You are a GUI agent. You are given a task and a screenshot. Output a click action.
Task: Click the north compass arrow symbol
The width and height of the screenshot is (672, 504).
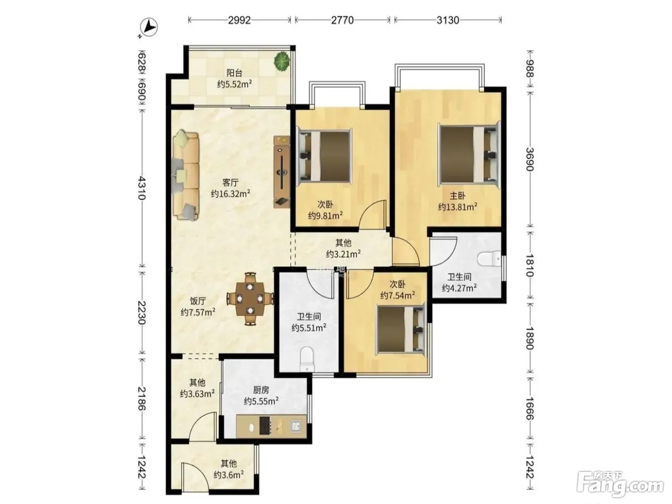[x=148, y=27]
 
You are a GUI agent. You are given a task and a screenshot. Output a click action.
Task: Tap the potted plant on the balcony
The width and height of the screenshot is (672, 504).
[x=282, y=61]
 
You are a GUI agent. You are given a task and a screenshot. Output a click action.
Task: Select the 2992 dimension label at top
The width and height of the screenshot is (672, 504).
[x=240, y=20]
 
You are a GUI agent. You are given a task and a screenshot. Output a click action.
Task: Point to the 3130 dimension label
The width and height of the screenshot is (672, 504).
[x=447, y=20]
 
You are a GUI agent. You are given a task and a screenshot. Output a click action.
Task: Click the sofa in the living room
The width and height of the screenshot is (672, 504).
[x=186, y=175]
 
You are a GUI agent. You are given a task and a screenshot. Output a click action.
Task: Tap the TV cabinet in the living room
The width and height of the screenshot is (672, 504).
[x=282, y=172]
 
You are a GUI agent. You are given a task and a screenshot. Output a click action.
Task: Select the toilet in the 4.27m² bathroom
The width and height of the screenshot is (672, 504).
[x=489, y=259]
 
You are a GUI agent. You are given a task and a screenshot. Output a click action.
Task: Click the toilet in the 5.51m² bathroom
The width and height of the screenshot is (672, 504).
[x=307, y=359]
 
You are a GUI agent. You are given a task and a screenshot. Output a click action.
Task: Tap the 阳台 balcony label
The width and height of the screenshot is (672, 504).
[x=234, y=73]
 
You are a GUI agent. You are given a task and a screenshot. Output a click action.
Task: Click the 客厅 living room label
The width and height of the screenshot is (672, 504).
[x=230, y=183]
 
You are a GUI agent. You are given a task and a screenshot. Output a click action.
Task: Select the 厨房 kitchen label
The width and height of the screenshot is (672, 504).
[x=261, y=390]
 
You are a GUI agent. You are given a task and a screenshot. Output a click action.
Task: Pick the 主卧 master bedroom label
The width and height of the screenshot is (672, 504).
[x=457, y=196]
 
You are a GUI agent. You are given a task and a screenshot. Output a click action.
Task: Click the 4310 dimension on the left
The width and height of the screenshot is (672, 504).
[x=142, y=188]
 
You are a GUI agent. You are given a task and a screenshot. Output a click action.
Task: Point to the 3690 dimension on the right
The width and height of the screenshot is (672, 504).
[x=530, y=159]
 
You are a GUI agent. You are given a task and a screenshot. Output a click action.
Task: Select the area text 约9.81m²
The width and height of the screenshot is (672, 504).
[x=325, y=216]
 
